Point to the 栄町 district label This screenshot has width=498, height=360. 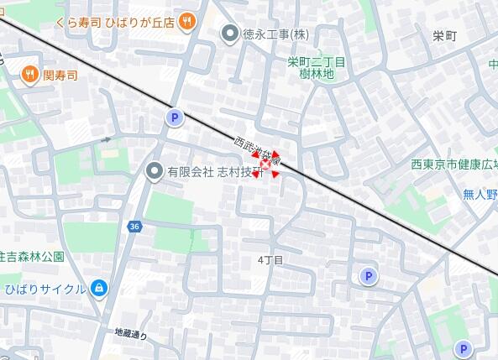tap(444, 36)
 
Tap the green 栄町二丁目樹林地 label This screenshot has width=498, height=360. tap(317, 68)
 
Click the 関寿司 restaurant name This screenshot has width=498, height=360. tap(60, 76)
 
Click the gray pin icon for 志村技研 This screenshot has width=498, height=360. tap(154, 171)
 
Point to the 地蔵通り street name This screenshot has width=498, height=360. tap(131, 334)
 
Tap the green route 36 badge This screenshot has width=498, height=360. tap(134, 227)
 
